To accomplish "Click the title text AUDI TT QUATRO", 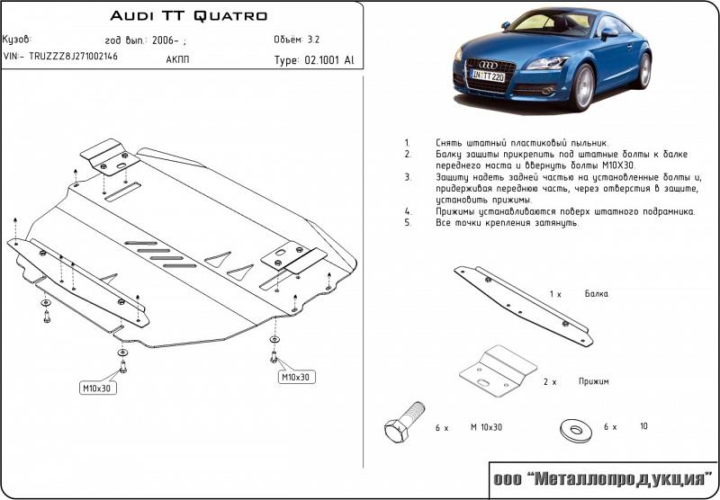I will [188, 16].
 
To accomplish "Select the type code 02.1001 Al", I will [313, 61].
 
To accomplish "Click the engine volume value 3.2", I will [313, 40].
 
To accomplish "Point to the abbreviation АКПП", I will [178, 60].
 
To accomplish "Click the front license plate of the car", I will [489, 77].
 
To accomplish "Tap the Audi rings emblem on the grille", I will [487, 64].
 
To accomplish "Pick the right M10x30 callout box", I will [295, 377].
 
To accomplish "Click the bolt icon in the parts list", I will [402, 427].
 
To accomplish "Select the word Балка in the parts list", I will [596, 294].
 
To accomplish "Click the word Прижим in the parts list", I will [594, 381].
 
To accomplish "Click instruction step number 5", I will [407, 221].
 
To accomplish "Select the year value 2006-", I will [167, 40].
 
